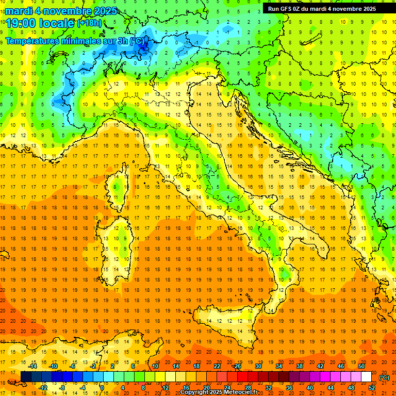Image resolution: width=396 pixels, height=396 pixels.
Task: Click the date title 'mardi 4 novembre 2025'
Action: (x=61, y=11)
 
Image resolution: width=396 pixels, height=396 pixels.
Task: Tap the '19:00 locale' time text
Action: (x=40, y=23)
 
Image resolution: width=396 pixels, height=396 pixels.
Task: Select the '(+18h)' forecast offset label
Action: (x=89, y=23)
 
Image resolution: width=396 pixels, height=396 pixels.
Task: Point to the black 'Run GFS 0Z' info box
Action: (x=322, y=8)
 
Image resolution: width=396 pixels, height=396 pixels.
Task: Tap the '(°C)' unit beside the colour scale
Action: (x=384, y=377)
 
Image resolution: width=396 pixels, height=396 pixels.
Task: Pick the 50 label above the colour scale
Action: (x=361, y=366)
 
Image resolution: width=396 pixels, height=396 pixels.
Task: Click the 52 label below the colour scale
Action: (x=372, y=387)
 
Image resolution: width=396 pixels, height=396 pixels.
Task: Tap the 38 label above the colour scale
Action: (x=300, y=366)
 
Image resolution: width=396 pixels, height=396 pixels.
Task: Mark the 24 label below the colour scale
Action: (x=227, y=387)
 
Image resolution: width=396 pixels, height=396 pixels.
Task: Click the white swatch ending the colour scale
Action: (x=366, y=377)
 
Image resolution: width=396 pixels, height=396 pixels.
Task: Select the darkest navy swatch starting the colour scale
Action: (x=26, y=377)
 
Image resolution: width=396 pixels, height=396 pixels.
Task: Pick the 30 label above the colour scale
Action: (x=258, y=366)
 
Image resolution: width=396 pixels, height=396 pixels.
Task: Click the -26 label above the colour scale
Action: (x=237, y=366)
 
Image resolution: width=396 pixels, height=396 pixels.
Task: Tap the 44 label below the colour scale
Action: (x=331, y=387)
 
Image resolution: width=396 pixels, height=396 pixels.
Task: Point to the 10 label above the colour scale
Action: (x=155, y=366)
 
